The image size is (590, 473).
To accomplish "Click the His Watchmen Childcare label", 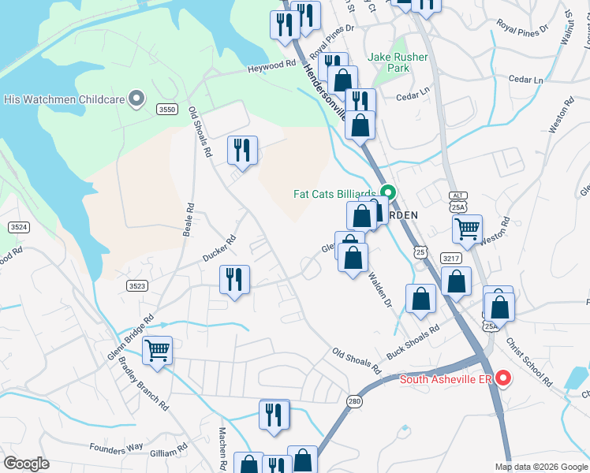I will pyautogui.click(x=65, y=99).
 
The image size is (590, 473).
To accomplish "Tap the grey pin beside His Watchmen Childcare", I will pyautogui.click(x=136, y=99).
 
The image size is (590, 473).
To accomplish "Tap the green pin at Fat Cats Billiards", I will pyautogui.click(x=387, y=193).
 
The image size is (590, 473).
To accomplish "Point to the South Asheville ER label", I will pyautogui.click(x=446, y=379).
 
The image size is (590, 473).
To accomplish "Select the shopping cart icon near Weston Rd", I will pyautogui.click(x=468, y=229).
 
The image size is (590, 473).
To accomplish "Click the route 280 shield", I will pyautogui.click(x=353, y=401).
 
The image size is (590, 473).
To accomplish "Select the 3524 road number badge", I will pyautogui.click(x=19, y=226).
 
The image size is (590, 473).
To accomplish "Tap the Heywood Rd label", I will pyautogui.click(x=271, y=67).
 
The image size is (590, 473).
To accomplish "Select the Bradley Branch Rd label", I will pyautogui.click(x=144, y=384).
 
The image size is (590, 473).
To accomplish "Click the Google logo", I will pyautogui.click(x=27, y=464).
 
